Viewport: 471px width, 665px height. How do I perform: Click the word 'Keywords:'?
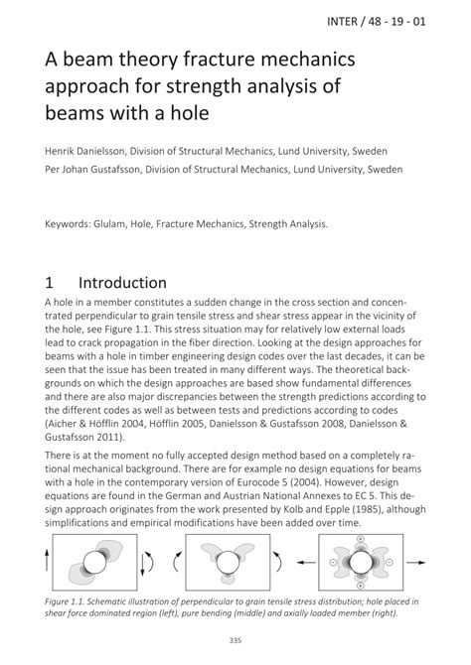tap(74, 223)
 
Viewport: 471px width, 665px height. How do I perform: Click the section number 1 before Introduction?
tap(52, 283)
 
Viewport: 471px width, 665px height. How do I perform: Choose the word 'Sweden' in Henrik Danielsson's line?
tap(370, 152)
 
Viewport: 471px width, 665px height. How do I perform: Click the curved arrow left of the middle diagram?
tap(179, 562)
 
